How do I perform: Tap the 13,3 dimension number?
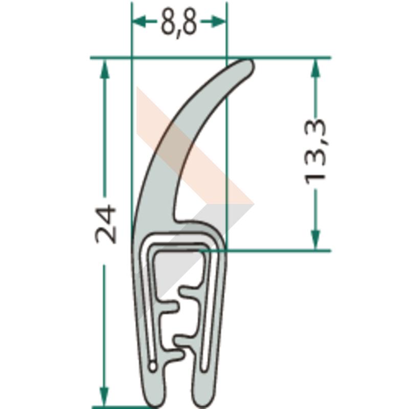tap(315, 152)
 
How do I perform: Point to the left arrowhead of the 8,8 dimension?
tap(139, 21)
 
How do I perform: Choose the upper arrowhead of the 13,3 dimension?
tap(315, 69)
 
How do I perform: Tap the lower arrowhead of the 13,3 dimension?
tap(315, 239)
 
